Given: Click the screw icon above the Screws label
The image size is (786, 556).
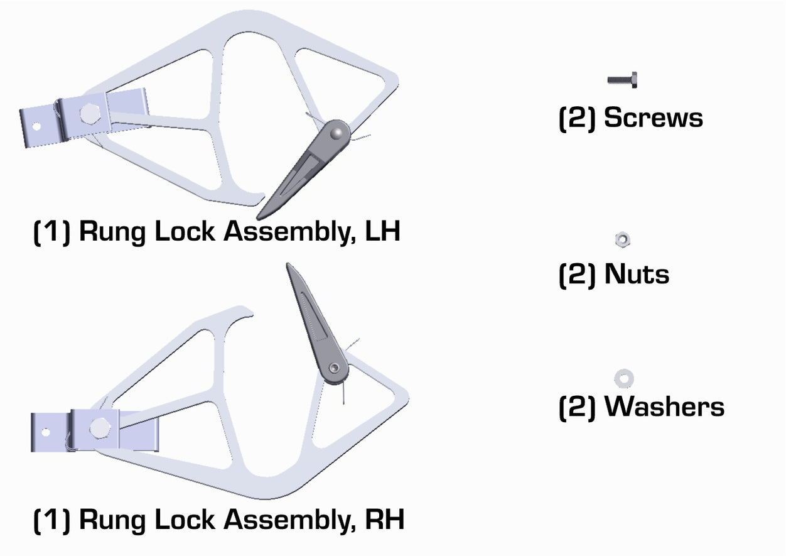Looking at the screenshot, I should pyautogui.click(x=622, y=80).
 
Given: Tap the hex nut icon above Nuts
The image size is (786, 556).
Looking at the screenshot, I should pyautogui.click(x=622, y=239).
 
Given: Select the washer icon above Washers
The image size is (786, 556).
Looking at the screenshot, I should pyautogui.click(x=623, y=378).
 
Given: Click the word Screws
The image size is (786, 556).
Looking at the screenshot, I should pyautogui.click(x=654, y=118).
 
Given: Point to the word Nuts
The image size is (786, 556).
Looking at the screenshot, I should pyautogui.click(x=637, y=275).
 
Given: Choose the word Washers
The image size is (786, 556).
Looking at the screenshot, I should pyautogui.click(x=664, y=407).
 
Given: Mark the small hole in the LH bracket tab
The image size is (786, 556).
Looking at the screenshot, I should pyautogui.click(x=37, y=126).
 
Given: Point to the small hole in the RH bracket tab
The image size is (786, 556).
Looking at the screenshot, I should pyautogui.click(x=45, y=432).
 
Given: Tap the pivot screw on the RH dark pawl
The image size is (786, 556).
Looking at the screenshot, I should pyautogui.click(x=336, y=368).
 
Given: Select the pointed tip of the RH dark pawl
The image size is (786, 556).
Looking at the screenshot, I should pyautogui.click(x=288, y=265).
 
